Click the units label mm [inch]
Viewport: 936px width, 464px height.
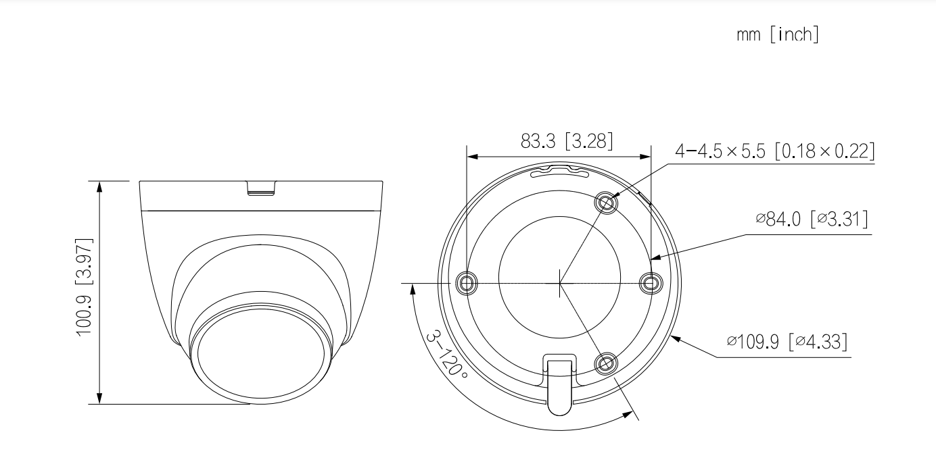pos(778,34)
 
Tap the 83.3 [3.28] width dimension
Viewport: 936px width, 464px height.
pos(567,141)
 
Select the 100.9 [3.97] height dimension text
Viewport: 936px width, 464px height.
pos(84,287)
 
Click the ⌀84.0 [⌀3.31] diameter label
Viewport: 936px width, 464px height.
pos(812,219)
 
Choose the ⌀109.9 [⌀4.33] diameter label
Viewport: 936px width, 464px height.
pos(787,341)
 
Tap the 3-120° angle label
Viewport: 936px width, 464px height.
pos(446,355)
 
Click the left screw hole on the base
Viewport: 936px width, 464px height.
pos(466,283)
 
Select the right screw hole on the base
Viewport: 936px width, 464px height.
pos(651,283)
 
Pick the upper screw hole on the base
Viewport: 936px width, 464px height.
pos(606,203)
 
